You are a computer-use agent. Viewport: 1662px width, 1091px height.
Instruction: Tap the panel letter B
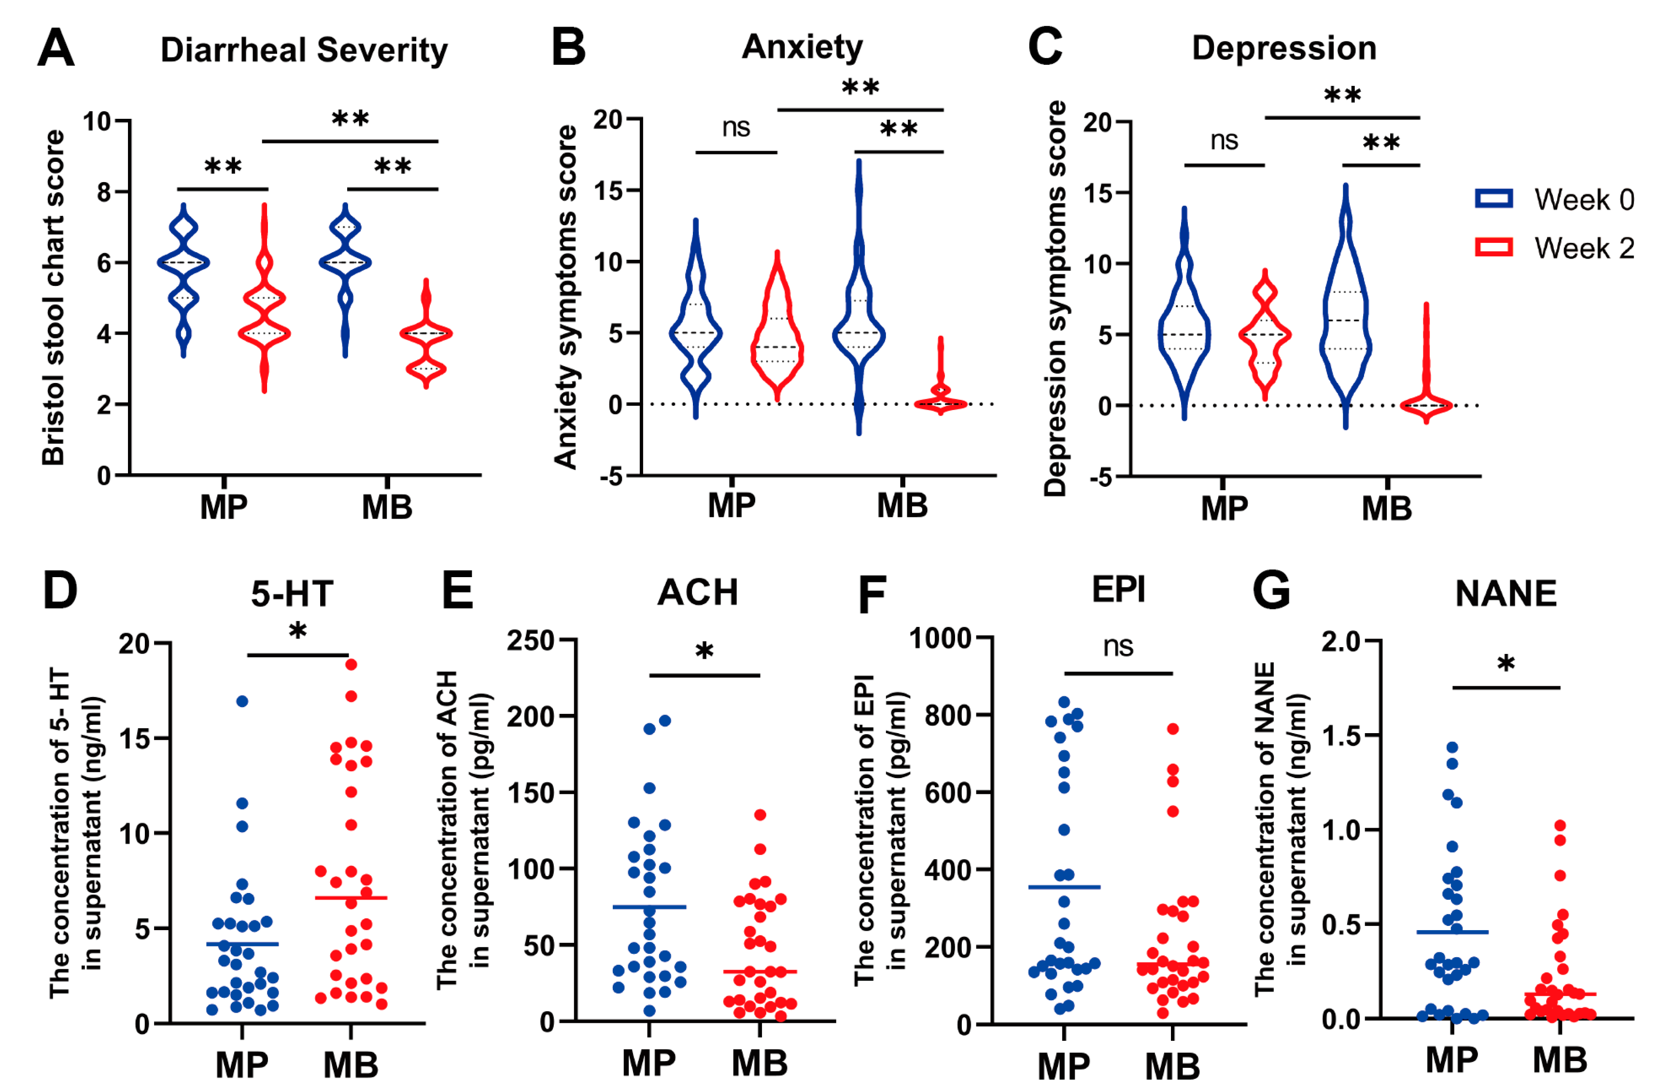[568, 47]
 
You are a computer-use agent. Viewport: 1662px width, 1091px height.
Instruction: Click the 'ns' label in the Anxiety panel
[735, 128]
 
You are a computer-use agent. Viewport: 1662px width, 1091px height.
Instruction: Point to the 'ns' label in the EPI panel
[1117, 646]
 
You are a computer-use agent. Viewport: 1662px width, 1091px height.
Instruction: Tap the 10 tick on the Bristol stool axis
[97, 122]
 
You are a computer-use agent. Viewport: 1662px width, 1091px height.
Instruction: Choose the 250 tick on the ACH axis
[530, 640]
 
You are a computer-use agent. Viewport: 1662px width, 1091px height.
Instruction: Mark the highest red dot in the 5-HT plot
[351, 664]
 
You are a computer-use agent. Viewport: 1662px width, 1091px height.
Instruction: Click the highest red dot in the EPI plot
[1172, 728]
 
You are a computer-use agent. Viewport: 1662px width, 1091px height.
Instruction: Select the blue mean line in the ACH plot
[649, 907]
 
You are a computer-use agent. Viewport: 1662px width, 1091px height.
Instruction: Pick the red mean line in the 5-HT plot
[351, 897]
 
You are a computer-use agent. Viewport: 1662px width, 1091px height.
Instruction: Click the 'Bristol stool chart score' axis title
[53, 298]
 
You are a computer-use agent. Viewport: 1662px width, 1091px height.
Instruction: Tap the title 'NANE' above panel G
[1506, 594]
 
